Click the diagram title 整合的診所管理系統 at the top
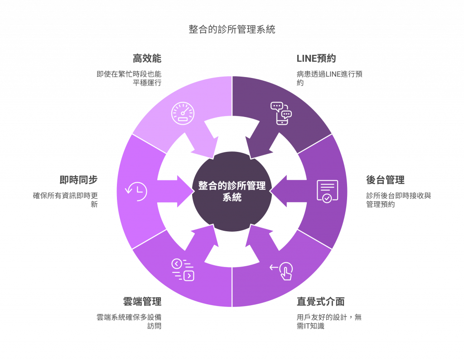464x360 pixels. (232, 29)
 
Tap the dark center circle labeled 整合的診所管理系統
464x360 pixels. (232, 191)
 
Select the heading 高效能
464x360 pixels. (147, 58)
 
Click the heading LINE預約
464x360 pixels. (316, 58)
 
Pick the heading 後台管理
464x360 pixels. (385, 180)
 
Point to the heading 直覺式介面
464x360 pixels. (320, 302)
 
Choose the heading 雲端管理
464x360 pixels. (142, 302)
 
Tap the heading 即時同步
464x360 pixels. (78, 180)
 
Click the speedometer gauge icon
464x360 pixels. (183, 113)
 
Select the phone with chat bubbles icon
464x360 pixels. (281, 113)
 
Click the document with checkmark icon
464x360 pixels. (327, 191)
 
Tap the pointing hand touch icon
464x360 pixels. (281, 271)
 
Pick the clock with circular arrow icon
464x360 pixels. (136, 191)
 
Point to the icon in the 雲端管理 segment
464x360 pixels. (183, 270)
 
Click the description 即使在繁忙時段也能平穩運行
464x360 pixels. (129, 78)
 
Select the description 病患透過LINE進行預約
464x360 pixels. (329, 78)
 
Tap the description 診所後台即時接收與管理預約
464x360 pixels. (399, 200)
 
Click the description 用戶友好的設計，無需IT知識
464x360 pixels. (329, 321)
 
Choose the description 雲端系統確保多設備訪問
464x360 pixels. (129, 321)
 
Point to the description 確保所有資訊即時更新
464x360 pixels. (65, 200)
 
